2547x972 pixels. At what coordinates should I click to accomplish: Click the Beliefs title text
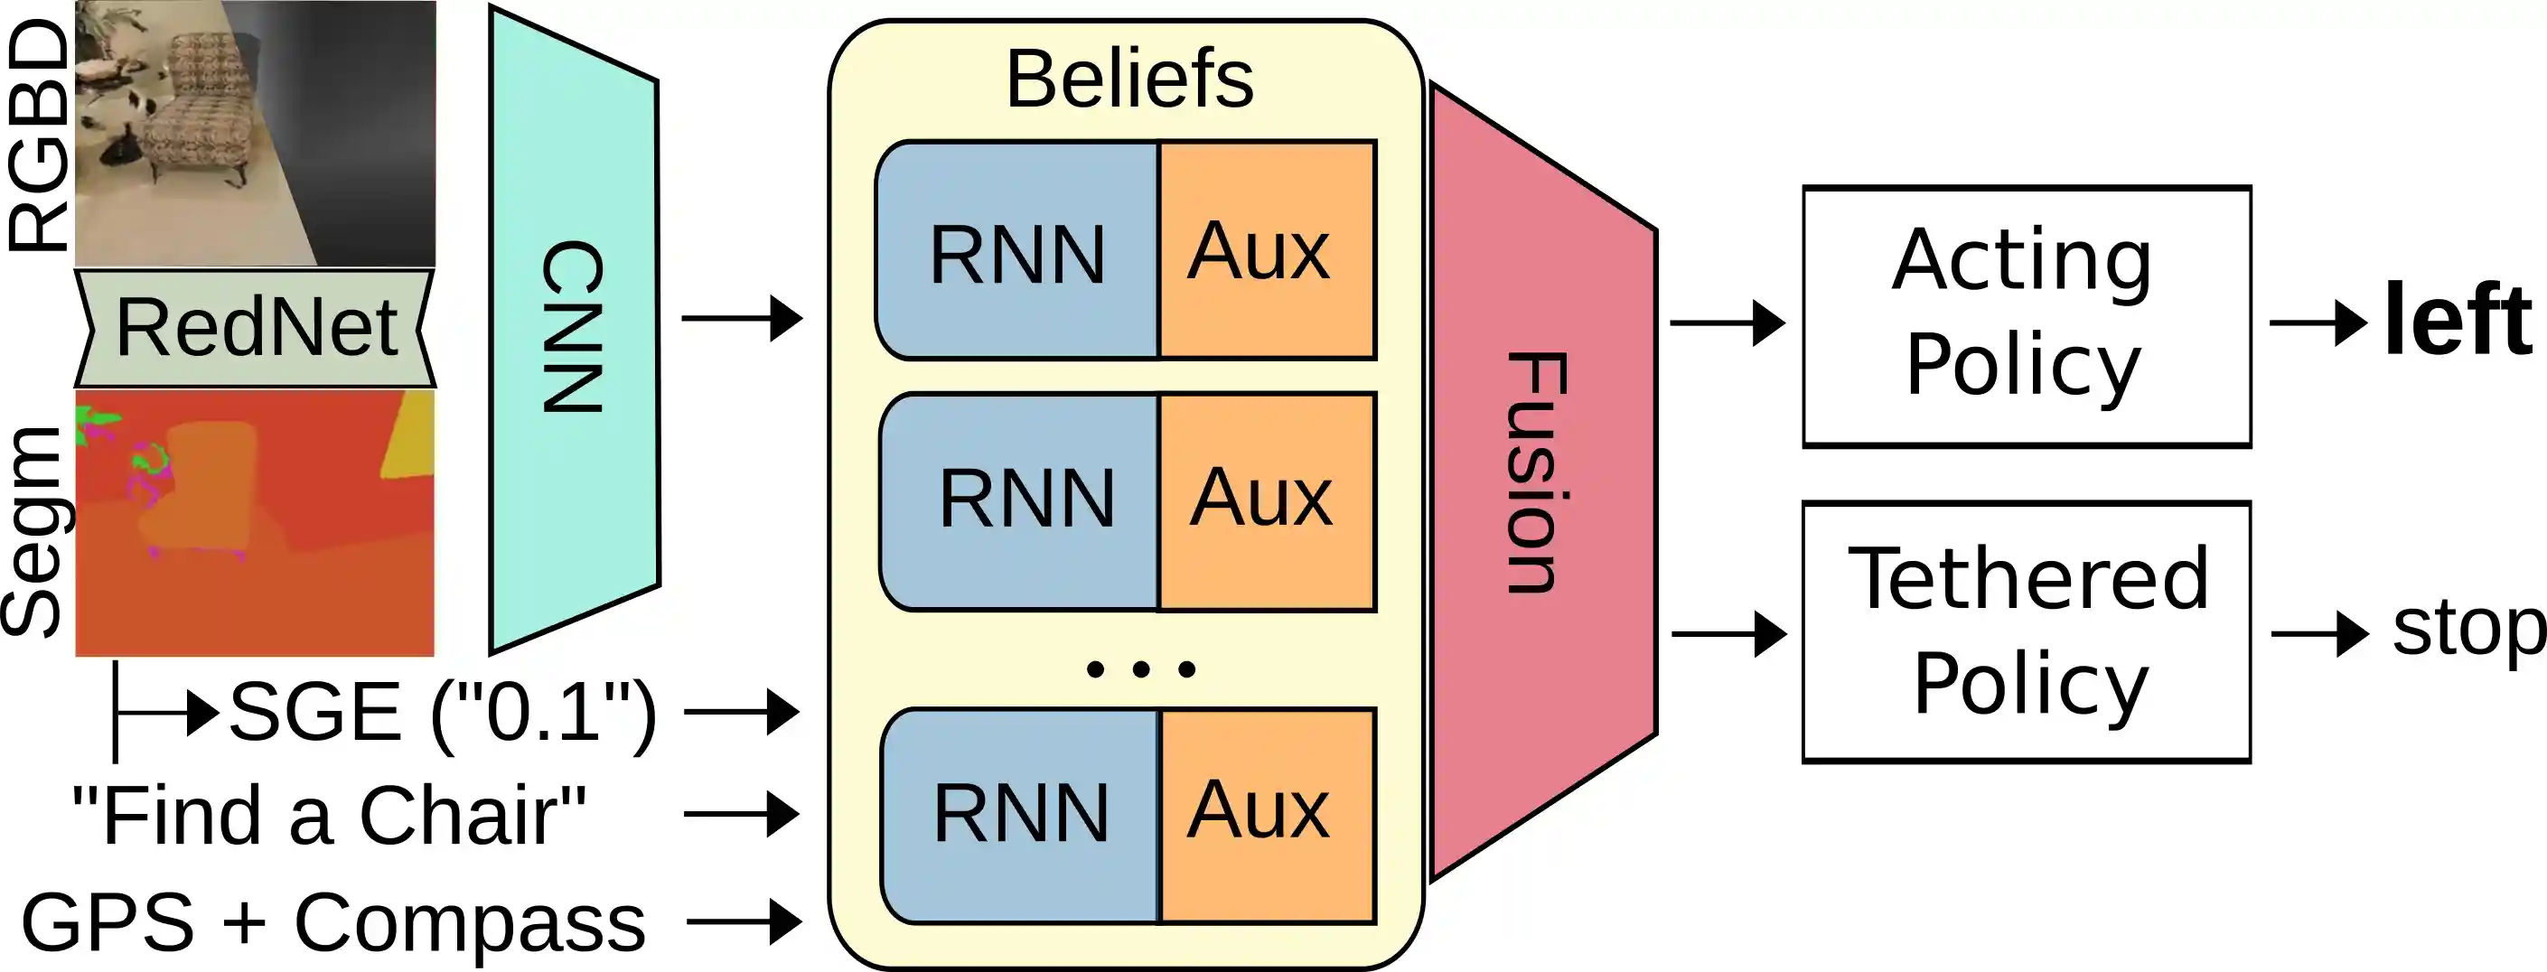coord(1129,79)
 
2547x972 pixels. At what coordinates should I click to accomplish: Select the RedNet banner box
coord(255,328)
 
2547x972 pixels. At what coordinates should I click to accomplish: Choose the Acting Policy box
coord(2026,316)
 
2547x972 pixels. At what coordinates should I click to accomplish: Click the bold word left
coord(2457,321)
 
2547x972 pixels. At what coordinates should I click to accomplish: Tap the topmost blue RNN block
coord(1017,253)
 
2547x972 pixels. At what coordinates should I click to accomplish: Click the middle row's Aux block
coord(1266,500)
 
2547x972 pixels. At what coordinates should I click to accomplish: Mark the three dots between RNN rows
coord(1140,669)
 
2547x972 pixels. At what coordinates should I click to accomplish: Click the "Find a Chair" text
coord(329,816)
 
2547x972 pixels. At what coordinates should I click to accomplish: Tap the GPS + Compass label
coord(333,922)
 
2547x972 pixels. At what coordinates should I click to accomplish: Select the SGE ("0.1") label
coord(442,712)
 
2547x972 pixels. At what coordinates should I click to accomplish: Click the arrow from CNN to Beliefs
coord(742,318)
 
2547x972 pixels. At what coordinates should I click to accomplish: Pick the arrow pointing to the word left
coord(2317,322)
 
